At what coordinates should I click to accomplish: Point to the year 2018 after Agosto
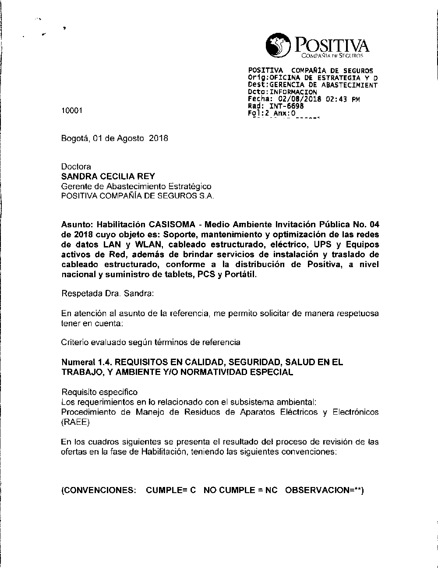tap(159, 138)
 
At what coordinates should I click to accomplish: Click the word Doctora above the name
tap(76, 167)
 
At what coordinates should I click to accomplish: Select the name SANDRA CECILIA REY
tap(108, 176)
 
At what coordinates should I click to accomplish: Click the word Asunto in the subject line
tap(74, 225)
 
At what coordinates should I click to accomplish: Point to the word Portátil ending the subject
tap(241, 275)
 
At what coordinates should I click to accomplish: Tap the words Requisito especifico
tap(99, 392)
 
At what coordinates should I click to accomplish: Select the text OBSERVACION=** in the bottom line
tap(325, 490)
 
